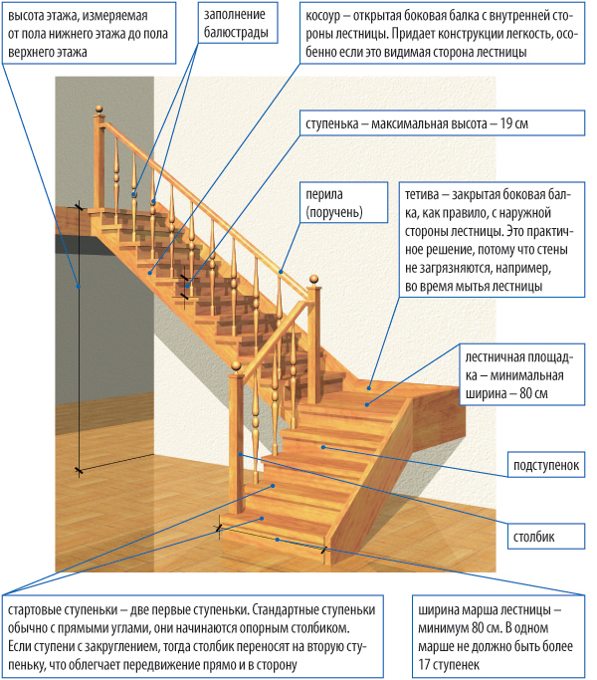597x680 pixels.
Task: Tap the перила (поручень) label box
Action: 334,204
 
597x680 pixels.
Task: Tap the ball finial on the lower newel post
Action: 236,369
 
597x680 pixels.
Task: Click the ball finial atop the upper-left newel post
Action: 98,106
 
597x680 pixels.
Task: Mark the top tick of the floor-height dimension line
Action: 79,207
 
